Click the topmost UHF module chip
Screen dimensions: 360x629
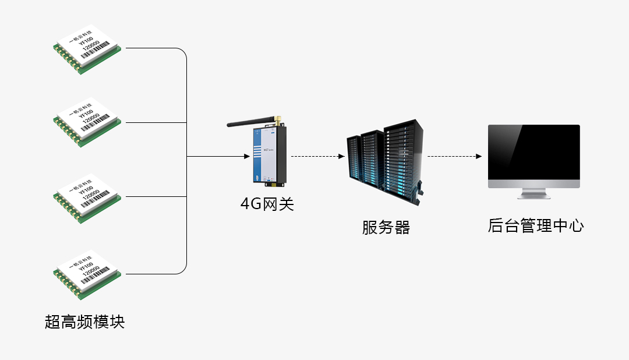click(87, 50)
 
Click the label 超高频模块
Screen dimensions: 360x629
click(84, 322)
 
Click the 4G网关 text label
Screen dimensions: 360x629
click(267, 204)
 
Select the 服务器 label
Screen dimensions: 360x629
click(386, 227)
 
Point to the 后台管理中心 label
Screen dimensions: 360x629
click(535, 226)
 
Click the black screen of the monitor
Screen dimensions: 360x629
click(534, 153)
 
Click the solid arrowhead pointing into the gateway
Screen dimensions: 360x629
click(246, 157)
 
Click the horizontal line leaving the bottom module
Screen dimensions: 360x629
click(154, 273)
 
